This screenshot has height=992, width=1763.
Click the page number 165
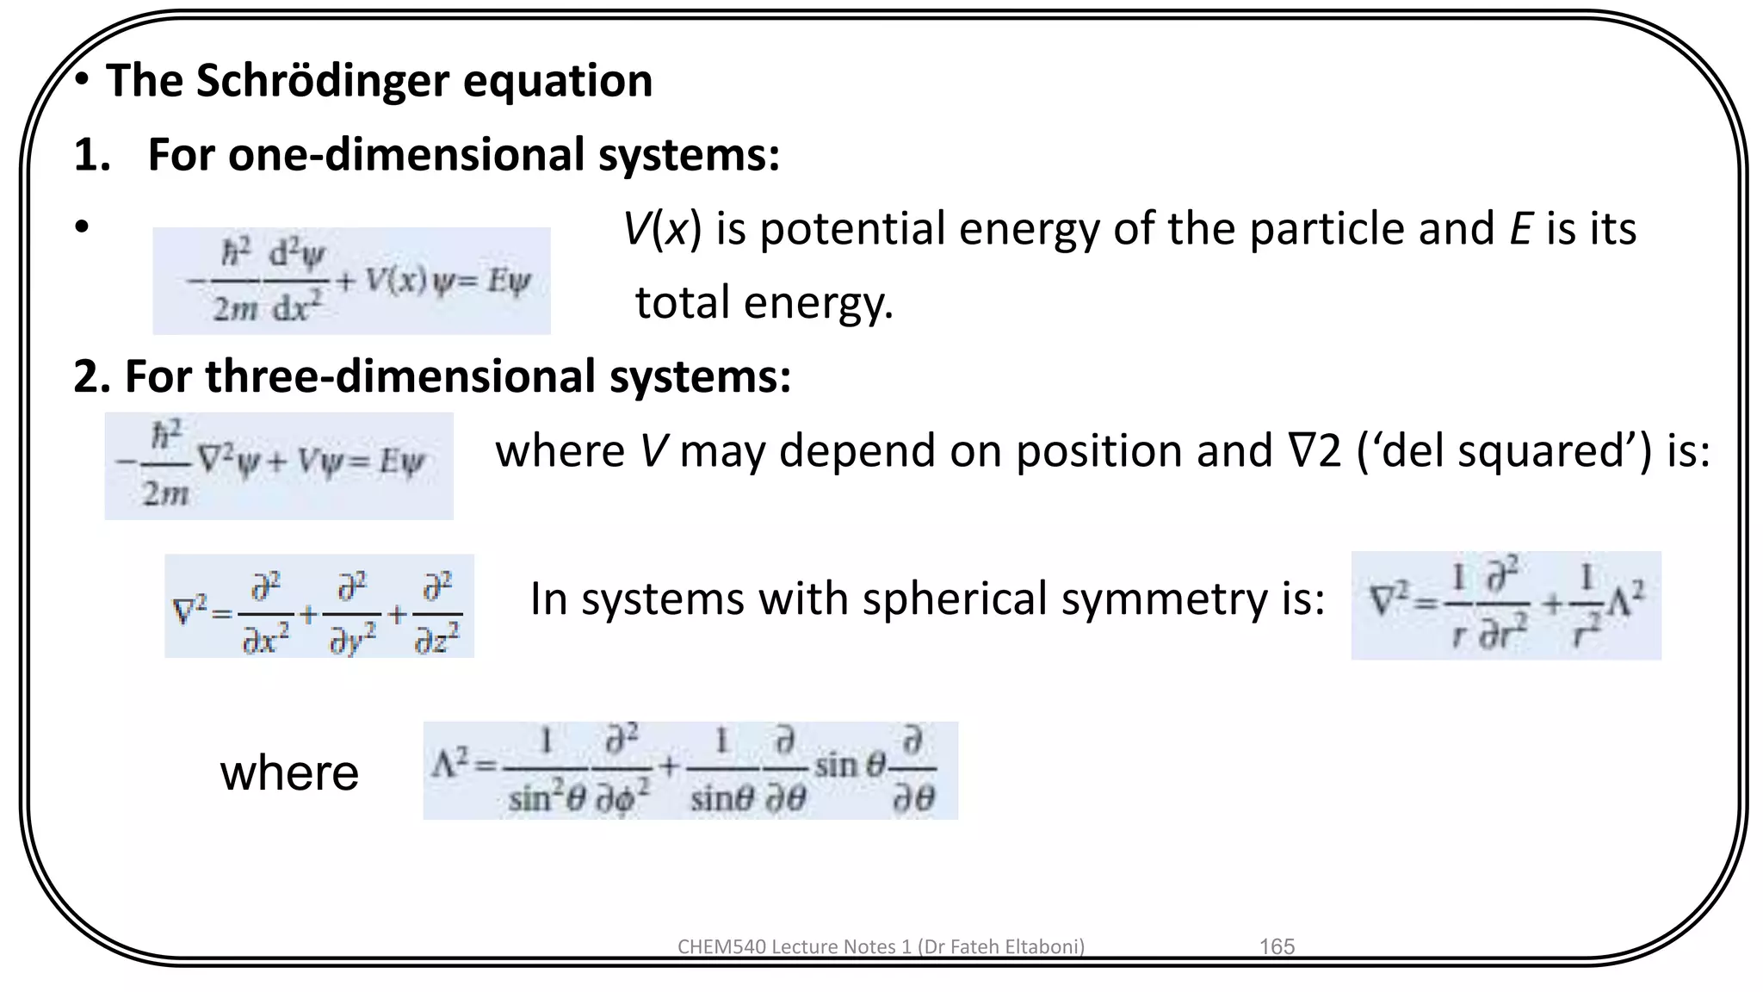pos(1277,946)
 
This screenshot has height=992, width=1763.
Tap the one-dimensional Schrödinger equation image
pos(351,281)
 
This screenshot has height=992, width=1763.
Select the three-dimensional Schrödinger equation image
pos(279,466)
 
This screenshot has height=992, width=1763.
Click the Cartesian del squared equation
pos(319,606)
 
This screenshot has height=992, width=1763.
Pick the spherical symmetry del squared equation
pos(1506,605)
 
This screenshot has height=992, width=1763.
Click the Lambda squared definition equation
pos(690,771)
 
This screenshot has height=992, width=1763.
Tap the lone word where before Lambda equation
pos(289,772)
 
